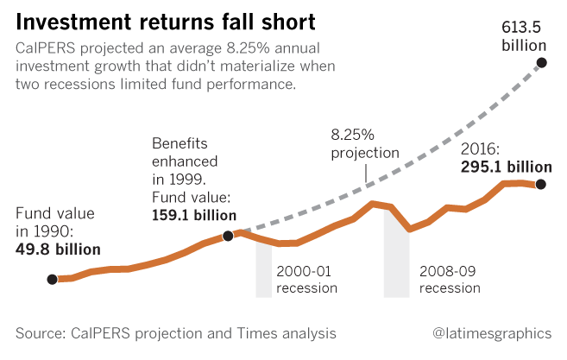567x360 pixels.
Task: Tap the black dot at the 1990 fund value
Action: point(52,279)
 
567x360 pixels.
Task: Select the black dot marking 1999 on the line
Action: point(227,235)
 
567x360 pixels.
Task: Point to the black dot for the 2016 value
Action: point(540,184)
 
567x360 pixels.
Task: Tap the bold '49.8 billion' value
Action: point(59,249)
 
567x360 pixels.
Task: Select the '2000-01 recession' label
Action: point(306,278)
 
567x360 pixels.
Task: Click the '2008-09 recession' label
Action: point(449,278)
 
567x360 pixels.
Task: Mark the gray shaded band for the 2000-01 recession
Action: point(263,272)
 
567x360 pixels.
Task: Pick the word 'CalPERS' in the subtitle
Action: point(45,49)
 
